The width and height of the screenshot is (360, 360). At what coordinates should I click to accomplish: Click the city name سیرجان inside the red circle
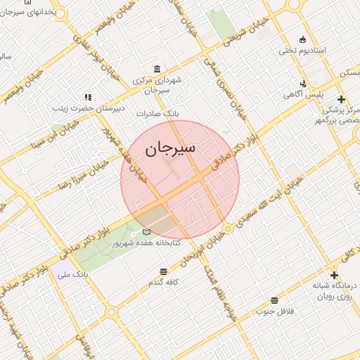pyautogui.click(x=170, y=150)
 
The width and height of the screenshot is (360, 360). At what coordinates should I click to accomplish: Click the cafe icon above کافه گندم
pyautogui.click(x=164, y=271)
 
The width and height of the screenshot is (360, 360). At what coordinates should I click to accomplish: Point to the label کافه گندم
pyautogui.click(x=164, y=282)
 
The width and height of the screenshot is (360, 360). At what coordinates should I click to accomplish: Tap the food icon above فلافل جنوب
pyautogui.click(x=274, y=300)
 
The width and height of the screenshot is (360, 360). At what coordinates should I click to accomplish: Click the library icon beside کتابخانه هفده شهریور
pyautogui.click(x=146, y=231)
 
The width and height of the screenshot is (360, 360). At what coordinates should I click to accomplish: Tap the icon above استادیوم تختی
pyautogui.click(x=302, y=39)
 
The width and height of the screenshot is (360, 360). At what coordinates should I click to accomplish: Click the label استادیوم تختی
pyautogui.click(x=302, y=51)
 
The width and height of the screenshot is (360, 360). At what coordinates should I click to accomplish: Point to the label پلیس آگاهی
pyautogui.click(x=303, y=94)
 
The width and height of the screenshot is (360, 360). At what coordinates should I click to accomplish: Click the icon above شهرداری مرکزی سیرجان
pyautogui.click(x=156, y=69)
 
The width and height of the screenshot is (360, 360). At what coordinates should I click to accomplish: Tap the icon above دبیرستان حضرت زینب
pyautogui.click(x=88, y=98)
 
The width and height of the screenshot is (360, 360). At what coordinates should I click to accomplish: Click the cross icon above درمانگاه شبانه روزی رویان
pyautogui.click(x=334, y=275)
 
